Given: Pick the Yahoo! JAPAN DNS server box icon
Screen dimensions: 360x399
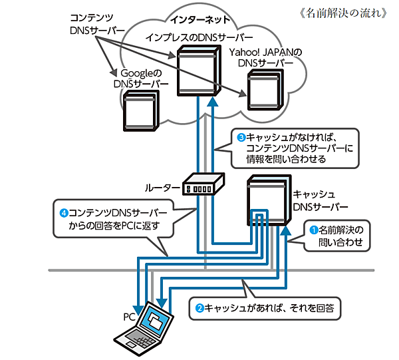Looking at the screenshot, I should point(267,89).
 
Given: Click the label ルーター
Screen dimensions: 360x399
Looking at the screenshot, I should point(162,188).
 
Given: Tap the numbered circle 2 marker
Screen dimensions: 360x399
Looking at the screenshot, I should point(199,308).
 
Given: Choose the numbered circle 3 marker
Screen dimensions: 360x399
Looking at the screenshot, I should point(242,137).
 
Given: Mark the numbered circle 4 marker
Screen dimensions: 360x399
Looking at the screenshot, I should point(64,213).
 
